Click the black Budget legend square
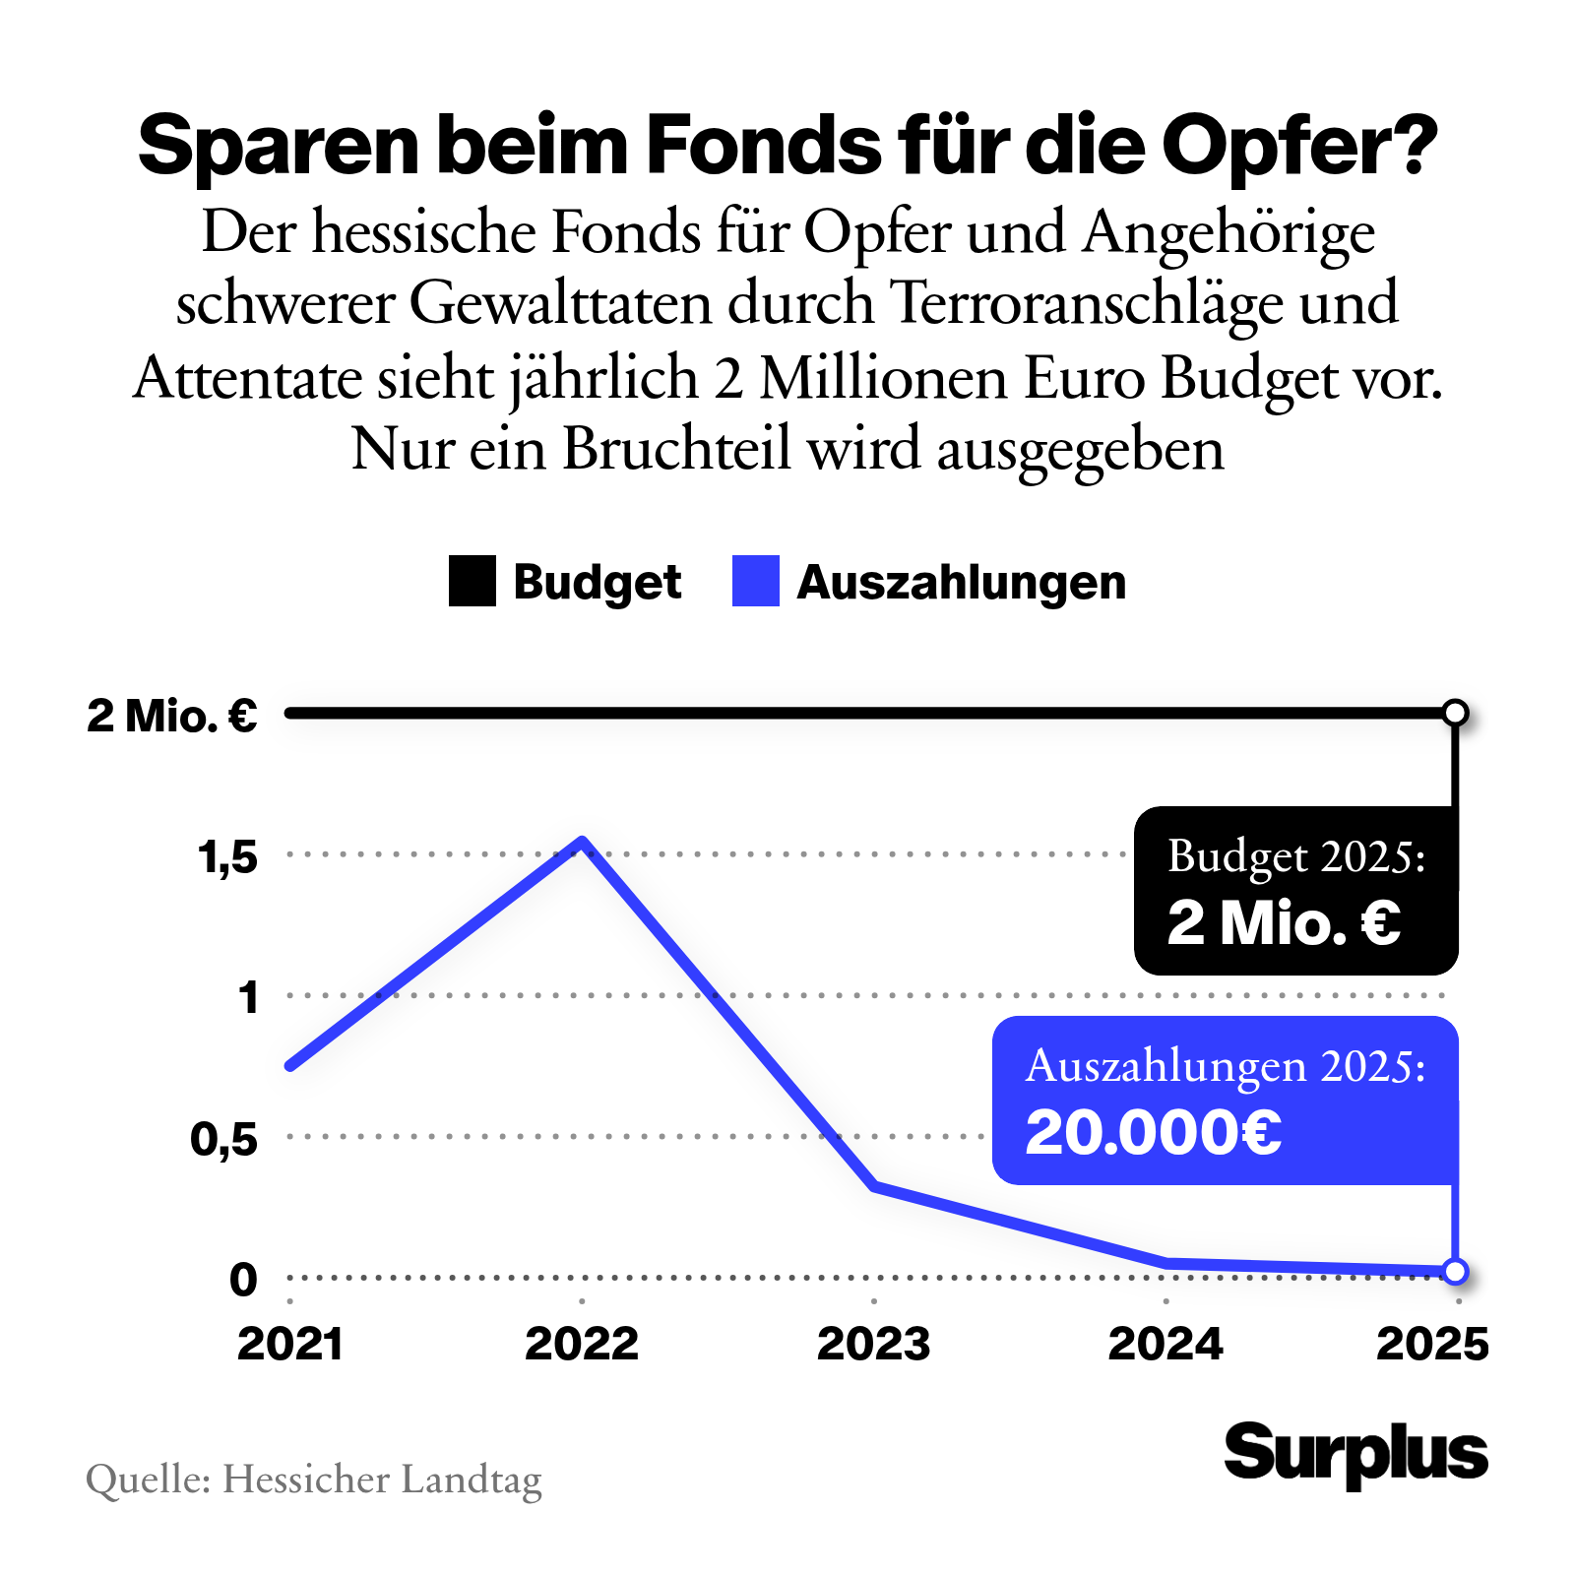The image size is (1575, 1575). click(x=472, y=581)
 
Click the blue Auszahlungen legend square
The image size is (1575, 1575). click(x=755, y=581)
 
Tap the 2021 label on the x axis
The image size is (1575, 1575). click(x=290, y=1344)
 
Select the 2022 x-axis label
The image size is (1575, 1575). click(x=582, y=1344)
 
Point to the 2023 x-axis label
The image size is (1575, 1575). click(x=873, y=1344)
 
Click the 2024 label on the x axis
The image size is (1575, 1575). click(x=1165, y=1344)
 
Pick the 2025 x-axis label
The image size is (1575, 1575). click(x=1432, y=1344)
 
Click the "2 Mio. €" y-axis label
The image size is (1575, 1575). click(x=172, y=716)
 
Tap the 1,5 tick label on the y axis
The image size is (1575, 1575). click(x=227, y=857)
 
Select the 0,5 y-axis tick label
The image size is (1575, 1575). click(x=224, y=1139)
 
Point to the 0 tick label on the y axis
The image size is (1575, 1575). click(x=243, y=1280)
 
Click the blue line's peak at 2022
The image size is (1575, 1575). click(x=583, y=842)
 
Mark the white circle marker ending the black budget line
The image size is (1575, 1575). click(x=1455, y=713)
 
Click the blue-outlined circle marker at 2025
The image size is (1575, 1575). click(x=1455, y=1271)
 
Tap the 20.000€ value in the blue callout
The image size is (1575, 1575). click(x=1154, y=1132)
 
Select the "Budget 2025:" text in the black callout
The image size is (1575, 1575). click(x=1296, y=856)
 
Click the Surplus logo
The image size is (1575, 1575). click(x=1355, y=1453)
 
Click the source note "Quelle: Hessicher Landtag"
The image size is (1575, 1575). click(x=314, y=1480)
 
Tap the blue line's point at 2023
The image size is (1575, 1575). click(x=874, y=1186)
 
